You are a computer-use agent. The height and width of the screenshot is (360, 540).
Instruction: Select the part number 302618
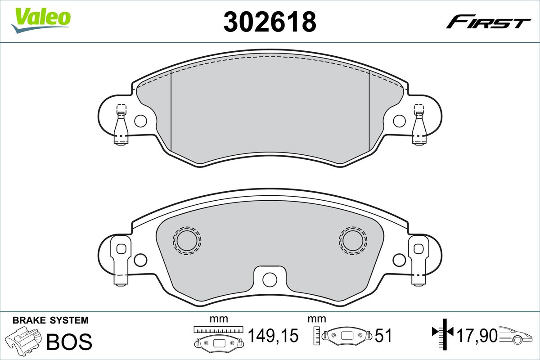[x=270, y=21]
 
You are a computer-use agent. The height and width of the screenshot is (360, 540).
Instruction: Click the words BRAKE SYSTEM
[x=50, y=320]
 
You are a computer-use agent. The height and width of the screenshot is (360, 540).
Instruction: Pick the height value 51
[x=383, y=336]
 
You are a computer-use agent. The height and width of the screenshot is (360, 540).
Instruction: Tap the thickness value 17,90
[x=477, y=335]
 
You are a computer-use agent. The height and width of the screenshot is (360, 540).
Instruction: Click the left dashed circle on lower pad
[x=187, y=240]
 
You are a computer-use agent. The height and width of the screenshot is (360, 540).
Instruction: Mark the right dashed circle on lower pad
[x=353, y=239]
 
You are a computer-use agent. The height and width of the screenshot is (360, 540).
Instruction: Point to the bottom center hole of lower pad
[x=270, y=279]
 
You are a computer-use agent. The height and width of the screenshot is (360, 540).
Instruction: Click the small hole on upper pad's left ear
[x=140, y=121]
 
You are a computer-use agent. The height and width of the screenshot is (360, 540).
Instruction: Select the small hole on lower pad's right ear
[x=399, y=260]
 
